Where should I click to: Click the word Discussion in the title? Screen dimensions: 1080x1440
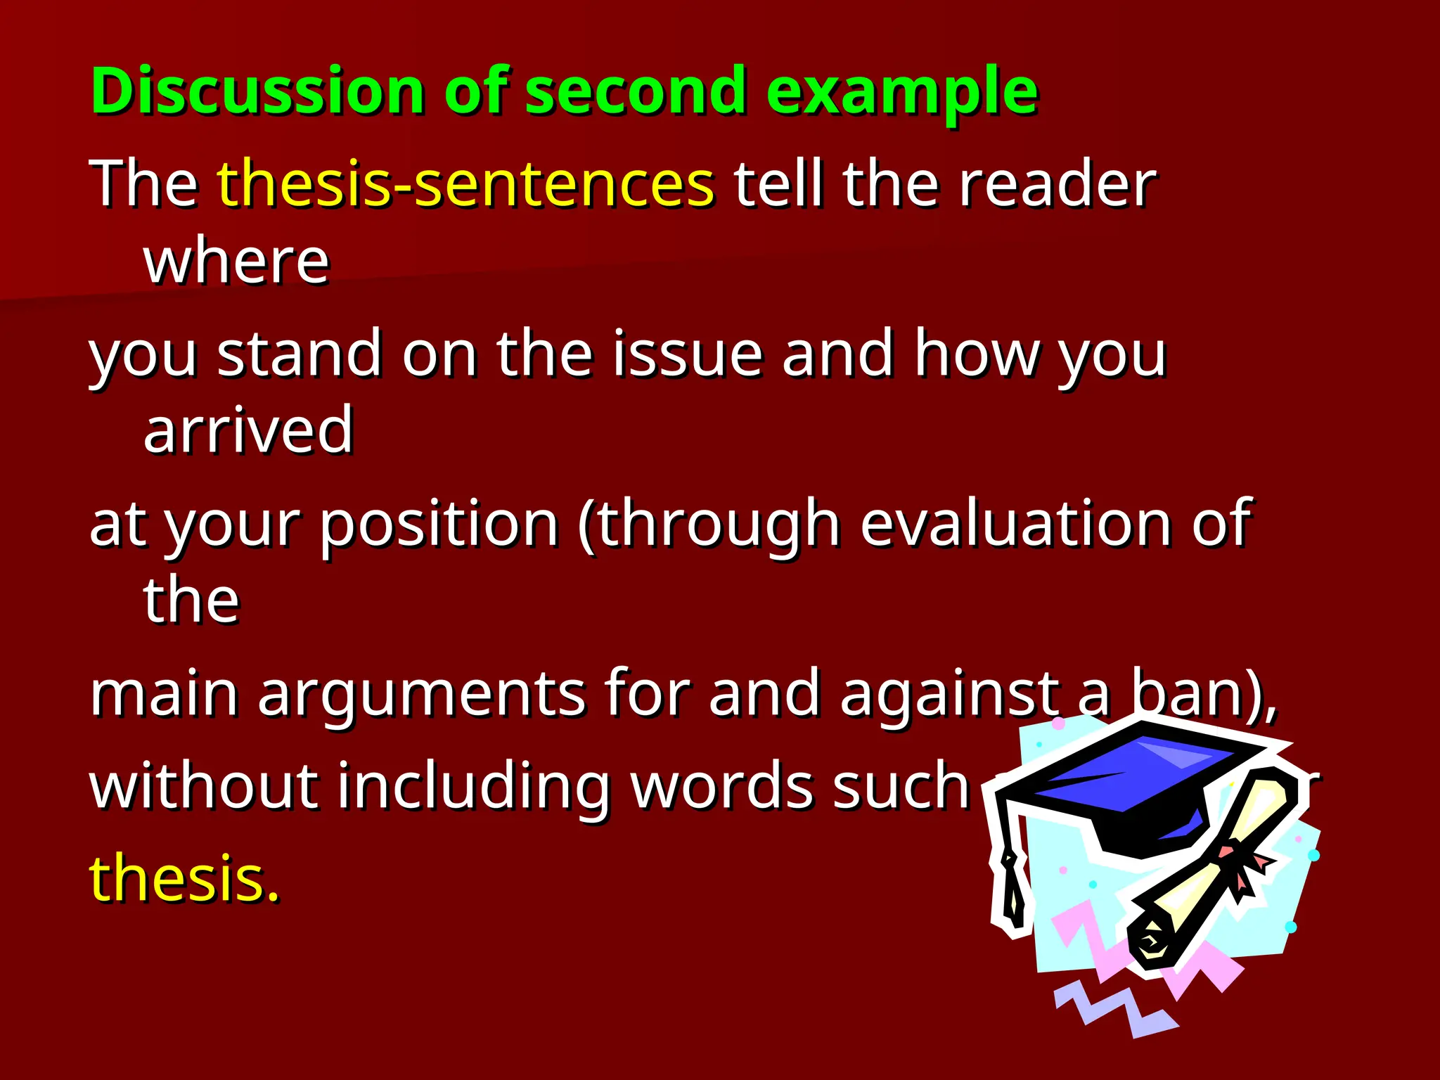[x=257, y=91]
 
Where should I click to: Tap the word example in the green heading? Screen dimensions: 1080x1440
[x=901, y=91]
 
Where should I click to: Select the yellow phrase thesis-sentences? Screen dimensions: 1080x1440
[x=465, y=184]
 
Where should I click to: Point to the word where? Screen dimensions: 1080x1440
[x=236, y=262]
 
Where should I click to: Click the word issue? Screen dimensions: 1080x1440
[x=688, y=354]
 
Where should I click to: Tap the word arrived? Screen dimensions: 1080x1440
[x=247, y=430]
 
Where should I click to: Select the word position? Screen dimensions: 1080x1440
[x=439, y=524]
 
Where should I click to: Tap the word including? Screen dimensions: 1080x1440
[x=472, y=786]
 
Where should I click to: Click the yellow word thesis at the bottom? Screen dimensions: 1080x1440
[x=184, y=879]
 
